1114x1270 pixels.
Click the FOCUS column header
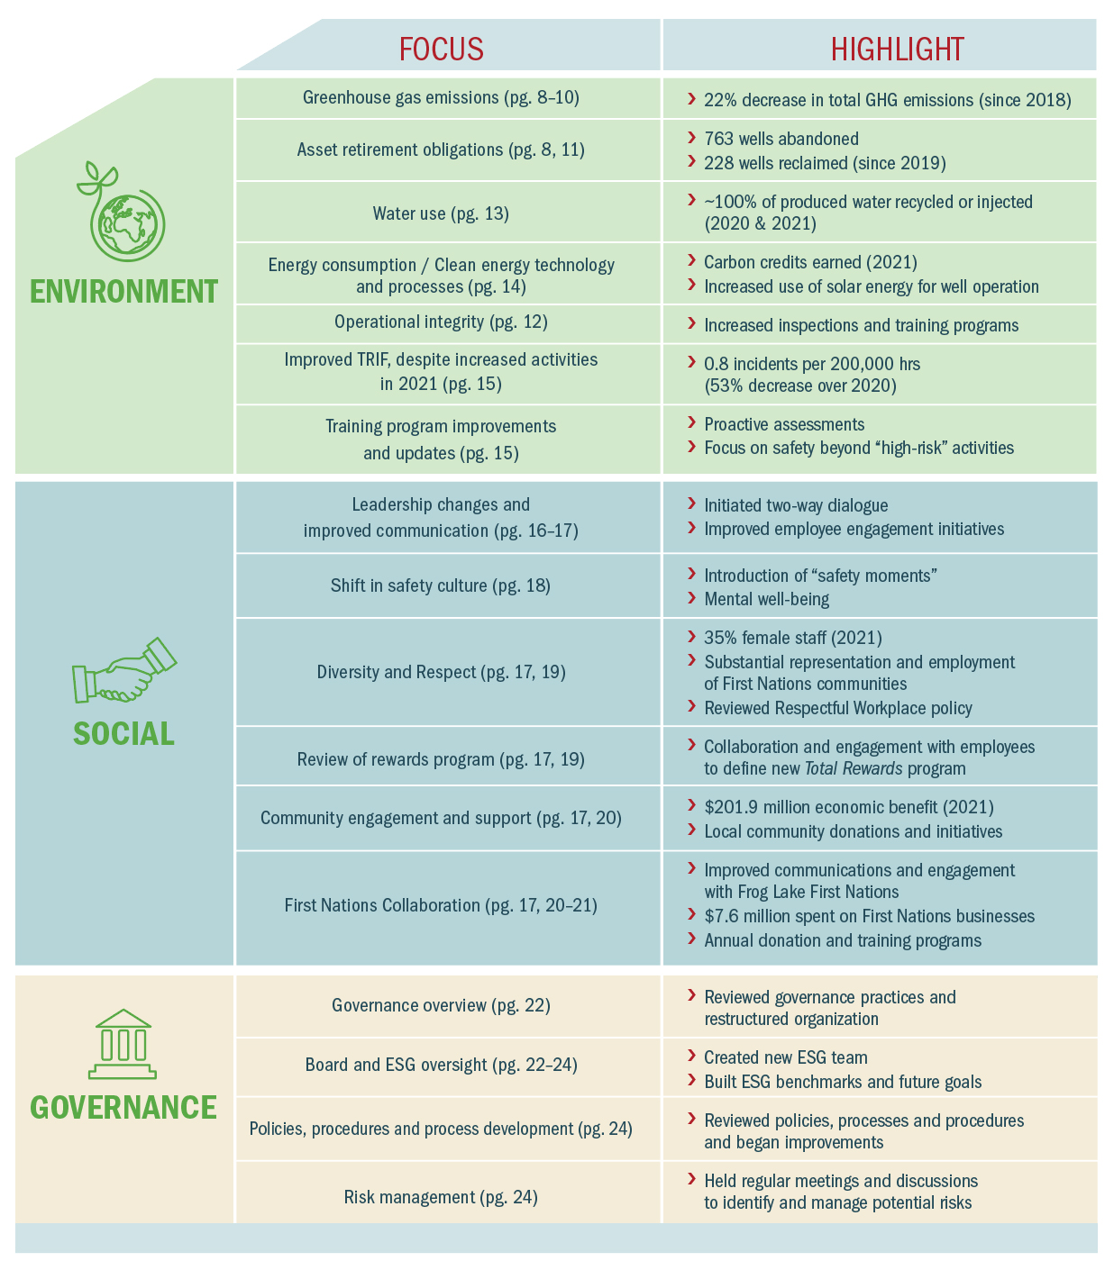point(442,49)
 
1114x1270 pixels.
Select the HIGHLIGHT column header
point(897,49)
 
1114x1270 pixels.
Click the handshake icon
point(123,670)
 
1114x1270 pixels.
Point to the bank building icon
point(123,1044)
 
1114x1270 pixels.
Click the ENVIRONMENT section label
point(123,292)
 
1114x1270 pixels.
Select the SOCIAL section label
point(123,734)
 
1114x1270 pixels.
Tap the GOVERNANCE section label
point(123,1107)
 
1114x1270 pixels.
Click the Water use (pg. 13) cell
point(441,213)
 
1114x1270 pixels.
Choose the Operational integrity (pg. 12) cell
point(441,322)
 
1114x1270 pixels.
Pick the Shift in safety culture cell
point(440,585)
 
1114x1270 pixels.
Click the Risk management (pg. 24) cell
point(441,1197)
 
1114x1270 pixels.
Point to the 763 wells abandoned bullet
point(781,139)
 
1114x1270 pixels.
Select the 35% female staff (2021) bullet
point(792,638)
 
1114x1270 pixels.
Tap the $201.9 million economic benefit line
point(848,807)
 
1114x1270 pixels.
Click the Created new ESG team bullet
point(785,1057)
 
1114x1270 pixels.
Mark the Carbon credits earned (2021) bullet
point(810,262)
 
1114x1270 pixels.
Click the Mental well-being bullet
point(766,599)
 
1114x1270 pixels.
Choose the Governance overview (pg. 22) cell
point(441,1005)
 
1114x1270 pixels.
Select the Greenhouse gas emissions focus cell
point(441,97)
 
